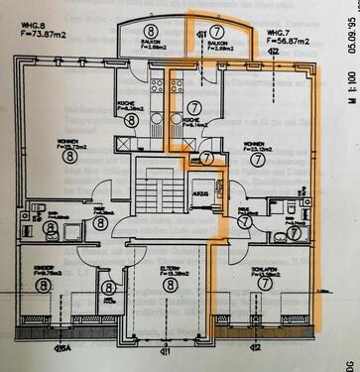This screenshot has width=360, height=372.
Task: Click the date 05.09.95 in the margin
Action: point(349,41)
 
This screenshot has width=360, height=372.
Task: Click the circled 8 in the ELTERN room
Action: point(170,286)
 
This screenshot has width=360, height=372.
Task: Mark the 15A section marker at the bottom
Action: point(65,348)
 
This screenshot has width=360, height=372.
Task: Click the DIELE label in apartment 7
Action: point(243,209)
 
